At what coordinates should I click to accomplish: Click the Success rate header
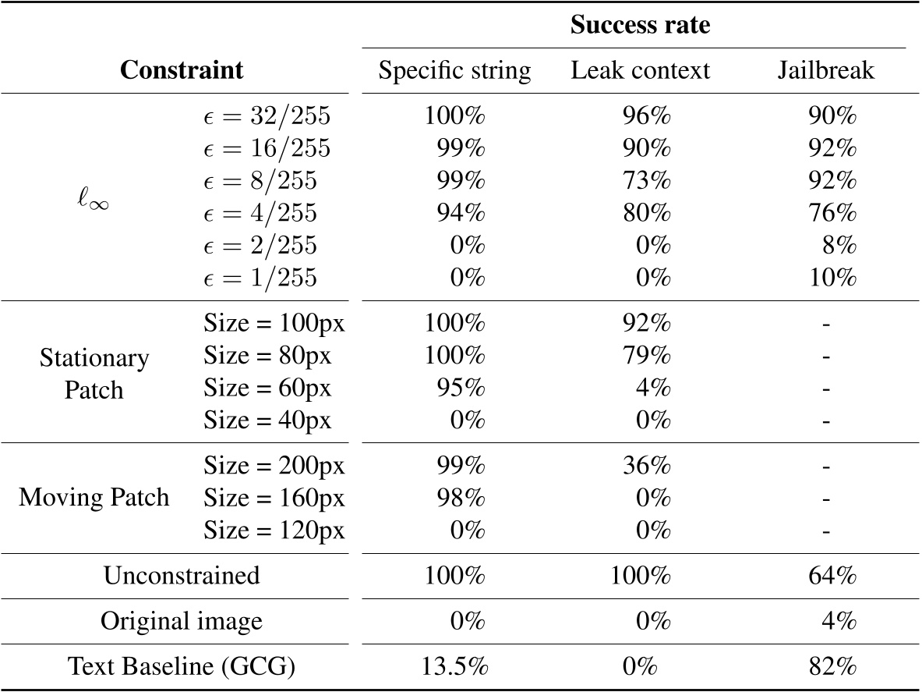640,25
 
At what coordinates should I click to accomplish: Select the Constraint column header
181,70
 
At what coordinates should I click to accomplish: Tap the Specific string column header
454,71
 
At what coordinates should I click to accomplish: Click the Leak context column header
640,71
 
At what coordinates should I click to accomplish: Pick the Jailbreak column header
825,71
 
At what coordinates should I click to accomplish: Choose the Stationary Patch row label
94,373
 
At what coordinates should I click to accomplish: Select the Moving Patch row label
94,498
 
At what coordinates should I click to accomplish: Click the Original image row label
181,622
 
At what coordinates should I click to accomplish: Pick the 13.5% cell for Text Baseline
454,668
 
